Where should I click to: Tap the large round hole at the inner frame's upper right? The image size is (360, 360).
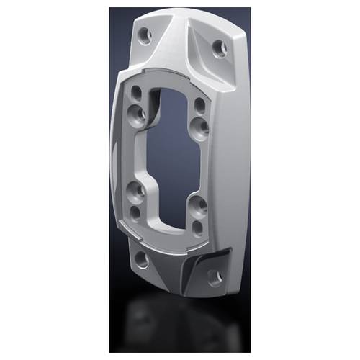click(202, 126)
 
